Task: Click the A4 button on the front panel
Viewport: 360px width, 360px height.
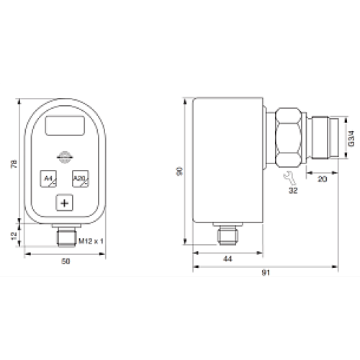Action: [x=49, y=179]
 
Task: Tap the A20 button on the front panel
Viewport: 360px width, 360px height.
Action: [x=79, y=179]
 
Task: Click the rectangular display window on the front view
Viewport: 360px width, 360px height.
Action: [x=64, y=128]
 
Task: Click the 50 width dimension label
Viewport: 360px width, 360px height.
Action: [x=66, y=262]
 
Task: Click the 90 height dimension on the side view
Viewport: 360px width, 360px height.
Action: [x=180, y=171]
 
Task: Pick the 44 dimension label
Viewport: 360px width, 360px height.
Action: [x=228, y=258]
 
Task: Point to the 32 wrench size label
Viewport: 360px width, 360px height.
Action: [x=293, y=193]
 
